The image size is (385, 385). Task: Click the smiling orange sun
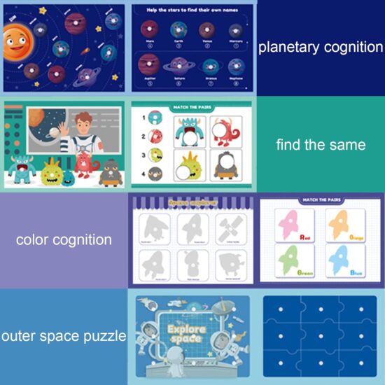coord(16,43)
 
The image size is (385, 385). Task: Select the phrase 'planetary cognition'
coord(321,48)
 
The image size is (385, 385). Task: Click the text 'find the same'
coord(321,145)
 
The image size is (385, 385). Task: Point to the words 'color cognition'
coord(64,239)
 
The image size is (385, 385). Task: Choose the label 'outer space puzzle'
coord(64,336)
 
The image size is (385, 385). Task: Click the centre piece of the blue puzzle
coord(320,335)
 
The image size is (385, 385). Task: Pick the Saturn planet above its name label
coord(178,65)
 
